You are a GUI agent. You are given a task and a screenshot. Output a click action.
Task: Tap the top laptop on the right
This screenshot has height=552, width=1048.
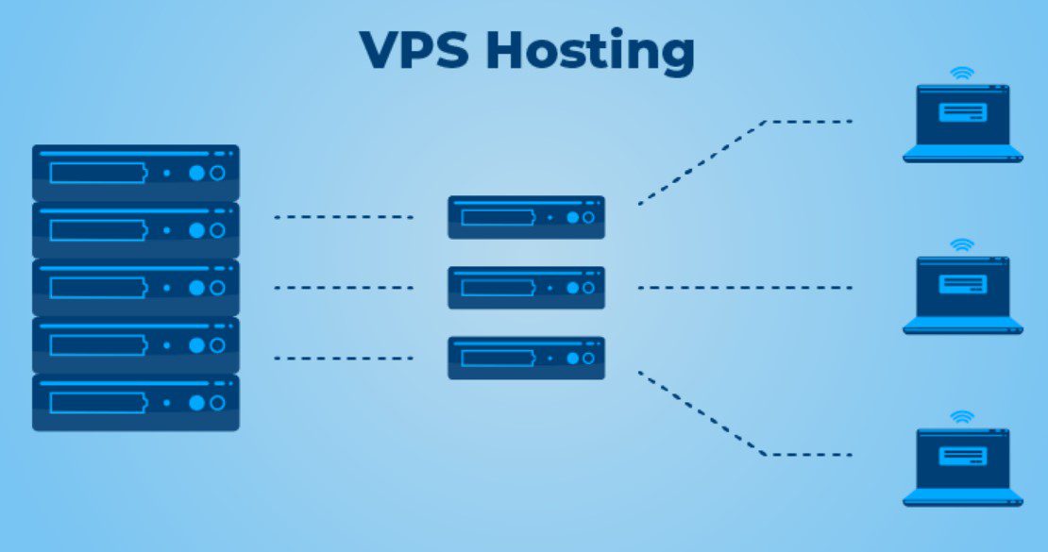tap(962, 123)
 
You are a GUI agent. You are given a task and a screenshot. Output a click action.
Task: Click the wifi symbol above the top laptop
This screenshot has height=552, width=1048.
tap(962, 72)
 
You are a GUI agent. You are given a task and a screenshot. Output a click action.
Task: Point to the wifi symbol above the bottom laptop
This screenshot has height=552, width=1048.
tap(962, 416)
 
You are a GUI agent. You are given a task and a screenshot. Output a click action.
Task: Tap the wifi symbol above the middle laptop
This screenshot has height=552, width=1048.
tap(962, 244)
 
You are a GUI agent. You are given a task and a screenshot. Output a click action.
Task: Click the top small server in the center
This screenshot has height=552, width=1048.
tap(526, 217)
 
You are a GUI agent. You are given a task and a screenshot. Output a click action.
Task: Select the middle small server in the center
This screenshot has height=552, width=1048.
tap(526, 287)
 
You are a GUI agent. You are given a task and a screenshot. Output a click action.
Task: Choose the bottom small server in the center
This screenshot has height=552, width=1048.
tap(526, 358)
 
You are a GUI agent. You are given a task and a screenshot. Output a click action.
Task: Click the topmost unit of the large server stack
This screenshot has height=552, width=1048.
tap(136, 173)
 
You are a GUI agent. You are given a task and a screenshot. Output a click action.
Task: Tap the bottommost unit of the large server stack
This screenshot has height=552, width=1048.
tap(136, 403)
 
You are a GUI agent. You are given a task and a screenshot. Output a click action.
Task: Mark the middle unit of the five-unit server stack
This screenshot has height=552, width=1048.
tap(136, 288)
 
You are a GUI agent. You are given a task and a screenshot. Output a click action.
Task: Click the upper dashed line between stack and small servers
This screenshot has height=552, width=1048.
tap(344, 217)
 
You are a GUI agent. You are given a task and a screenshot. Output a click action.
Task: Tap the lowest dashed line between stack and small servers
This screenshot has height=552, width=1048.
tap(344, 358)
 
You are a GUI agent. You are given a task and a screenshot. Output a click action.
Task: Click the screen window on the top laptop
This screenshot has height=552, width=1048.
tap(962, 111)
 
